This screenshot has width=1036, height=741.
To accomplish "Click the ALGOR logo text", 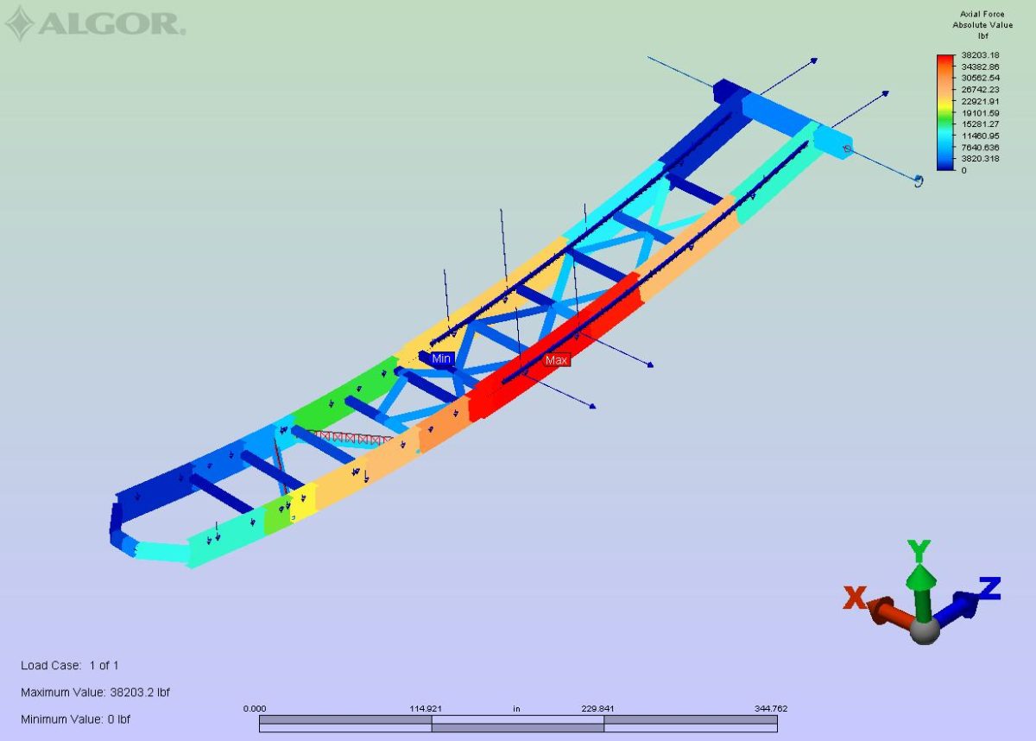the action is [x=112, y=24].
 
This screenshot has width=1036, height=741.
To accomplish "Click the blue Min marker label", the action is [x=441, y=358].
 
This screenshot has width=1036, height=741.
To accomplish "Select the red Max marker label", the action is [x=556, y=360].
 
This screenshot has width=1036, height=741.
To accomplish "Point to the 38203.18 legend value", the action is [x=980, y=55].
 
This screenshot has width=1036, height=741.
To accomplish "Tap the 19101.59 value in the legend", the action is [x=980, y=113].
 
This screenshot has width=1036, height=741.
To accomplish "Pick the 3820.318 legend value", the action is [x=980, y=159].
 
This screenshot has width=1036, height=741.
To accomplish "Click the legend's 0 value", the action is [x=963, y=170].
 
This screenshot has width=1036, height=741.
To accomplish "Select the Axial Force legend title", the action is [x=982, y=15].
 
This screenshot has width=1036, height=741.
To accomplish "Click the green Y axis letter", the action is [x=919, y=551].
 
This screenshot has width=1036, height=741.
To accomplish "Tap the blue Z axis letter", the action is [x=989, y=588].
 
